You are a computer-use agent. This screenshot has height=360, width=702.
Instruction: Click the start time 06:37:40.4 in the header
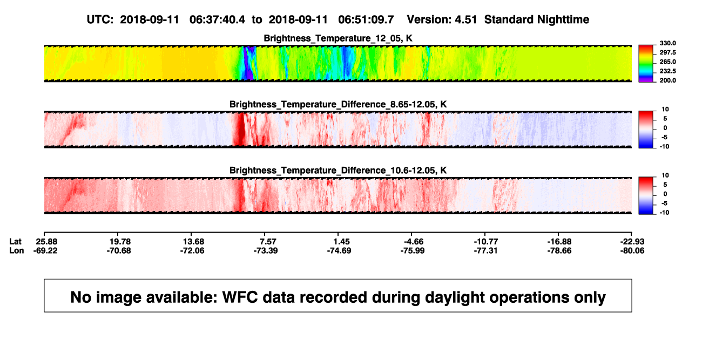pyautogui.click(x=217, y=20)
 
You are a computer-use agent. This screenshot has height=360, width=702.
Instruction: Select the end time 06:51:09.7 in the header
pyautogui.click(x=366, y=20)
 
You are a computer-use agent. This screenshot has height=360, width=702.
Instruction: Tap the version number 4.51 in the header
pyautogui.click(x=465, y=20)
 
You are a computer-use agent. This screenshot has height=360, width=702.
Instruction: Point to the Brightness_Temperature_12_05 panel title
pyautogui.click(x=338, y=38)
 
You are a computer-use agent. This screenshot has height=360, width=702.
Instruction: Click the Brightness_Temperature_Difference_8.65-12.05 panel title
pyautogui.click(x=338, y=104)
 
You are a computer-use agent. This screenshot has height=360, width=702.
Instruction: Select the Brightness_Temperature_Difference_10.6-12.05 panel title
pyautogui.click(x=338, y=171)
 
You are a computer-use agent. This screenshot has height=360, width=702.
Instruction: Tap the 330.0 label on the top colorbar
pyautogui.click(x=667, y=43)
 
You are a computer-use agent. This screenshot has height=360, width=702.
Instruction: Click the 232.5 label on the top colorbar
pyautogui.click(x=667, y=71)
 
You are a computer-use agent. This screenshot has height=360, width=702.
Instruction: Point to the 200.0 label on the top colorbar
pyautogui.click(x=667, y=80)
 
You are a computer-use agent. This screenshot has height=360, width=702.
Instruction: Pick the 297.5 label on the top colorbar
pyautogui.click(x=667, y=53)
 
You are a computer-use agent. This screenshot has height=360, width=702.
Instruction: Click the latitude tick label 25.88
pyautogui.click(x=46, y=242)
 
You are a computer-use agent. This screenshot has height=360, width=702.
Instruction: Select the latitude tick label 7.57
pyautogui.click(x=268, y=242)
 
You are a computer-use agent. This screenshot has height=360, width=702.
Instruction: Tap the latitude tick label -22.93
pyautogui.click(x=632, y=242)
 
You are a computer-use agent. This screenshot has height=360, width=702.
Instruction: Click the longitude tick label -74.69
pyautogui.click(x=339, y=250)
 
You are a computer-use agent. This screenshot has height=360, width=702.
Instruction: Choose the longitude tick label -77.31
pyautogui.click(x=486, y=250)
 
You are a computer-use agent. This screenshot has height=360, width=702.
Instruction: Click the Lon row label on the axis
pyautogui.click(x=17, y=250)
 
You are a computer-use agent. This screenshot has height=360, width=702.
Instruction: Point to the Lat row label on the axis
pyautogui.click(x=15, y=242)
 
